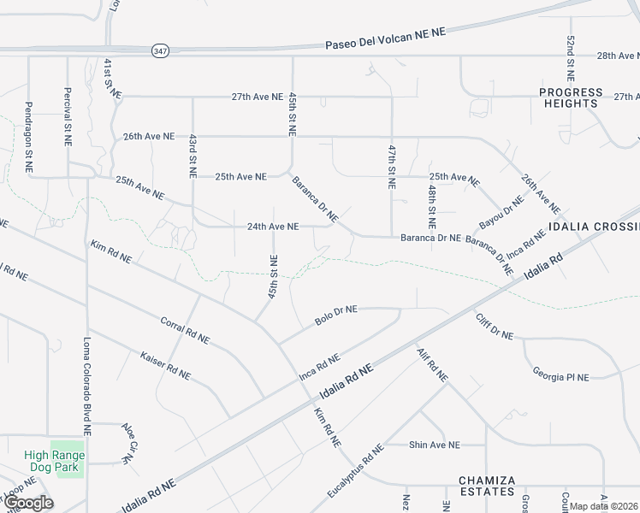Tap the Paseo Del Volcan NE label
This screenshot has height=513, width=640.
coord(386,38)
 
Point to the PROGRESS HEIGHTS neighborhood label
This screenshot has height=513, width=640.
coord(571,97)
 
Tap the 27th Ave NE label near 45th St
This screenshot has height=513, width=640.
coord(257,97)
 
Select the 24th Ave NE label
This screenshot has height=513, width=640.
coord(272,227)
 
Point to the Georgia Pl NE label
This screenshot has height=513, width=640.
coord(561,375)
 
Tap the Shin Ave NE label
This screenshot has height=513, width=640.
coord(434,445)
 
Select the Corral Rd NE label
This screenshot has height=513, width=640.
coord(185,330)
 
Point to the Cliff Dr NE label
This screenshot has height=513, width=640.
coord(494,327)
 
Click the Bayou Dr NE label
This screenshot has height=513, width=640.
coord(501,212)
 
